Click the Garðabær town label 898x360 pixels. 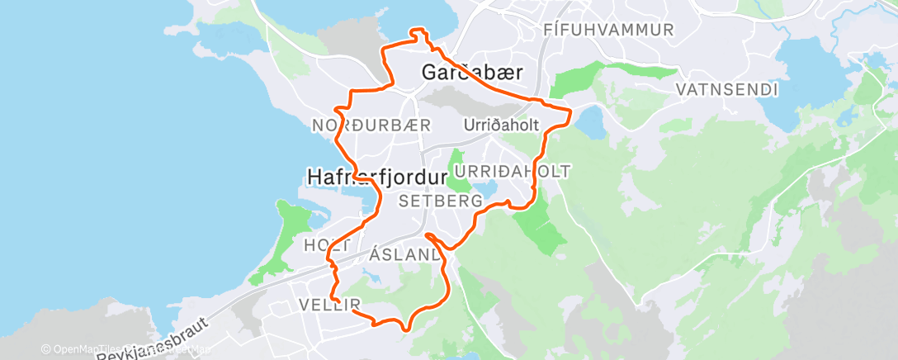471,73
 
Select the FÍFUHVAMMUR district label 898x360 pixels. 609,30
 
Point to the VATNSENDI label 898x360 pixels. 727,88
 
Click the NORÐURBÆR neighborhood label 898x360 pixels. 371,126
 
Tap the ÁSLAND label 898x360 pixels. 404,256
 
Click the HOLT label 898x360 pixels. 327,245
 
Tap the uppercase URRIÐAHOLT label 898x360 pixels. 513,171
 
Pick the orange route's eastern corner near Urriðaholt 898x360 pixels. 570,111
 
